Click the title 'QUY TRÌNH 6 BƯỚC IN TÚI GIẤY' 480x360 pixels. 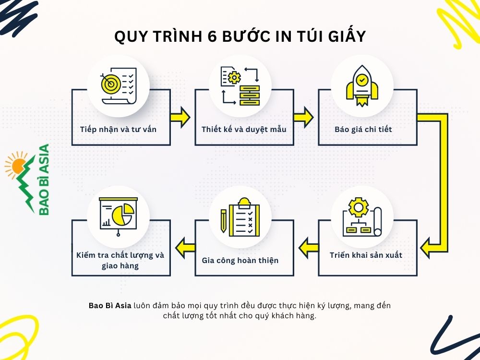click(240, 36)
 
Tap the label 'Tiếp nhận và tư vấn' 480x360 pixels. click(118, 129)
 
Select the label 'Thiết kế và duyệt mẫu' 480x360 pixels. click(244, 129)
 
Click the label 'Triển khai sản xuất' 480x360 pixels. click(366, 255)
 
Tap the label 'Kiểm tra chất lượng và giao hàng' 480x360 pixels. click(120, 260)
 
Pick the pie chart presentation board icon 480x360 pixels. click(118, 216)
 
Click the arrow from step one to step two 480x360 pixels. click(180, 118)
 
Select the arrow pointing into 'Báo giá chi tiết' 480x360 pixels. click(303, 118)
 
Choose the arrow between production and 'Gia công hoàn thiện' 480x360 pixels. click(305, 248)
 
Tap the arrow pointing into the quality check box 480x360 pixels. click(183, 248)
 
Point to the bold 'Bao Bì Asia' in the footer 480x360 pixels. click(110, 306)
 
